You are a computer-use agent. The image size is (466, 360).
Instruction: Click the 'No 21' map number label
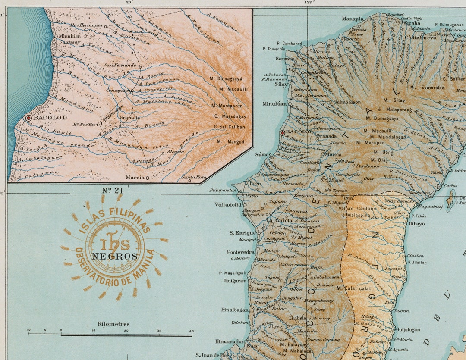click(x=113, y=190)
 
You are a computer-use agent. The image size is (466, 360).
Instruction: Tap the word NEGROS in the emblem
click(x=114, y=256)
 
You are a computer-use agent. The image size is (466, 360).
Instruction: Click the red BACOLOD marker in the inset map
click(x=29, y=118)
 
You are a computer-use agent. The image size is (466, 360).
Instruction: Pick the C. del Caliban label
click(x=229, y=127)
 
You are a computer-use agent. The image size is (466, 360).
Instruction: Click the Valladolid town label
click(x=228, y=205)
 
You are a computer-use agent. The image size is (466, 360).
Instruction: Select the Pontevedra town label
click(x=240, y=252)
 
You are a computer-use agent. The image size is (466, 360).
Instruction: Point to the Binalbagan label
click(x=235, y=310)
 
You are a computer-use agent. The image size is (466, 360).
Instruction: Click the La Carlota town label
click(x=277, y=220)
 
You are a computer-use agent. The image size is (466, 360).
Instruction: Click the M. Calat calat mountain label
click(x=354, y=288)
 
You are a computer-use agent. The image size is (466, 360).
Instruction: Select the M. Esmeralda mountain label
click(x=427, y=87)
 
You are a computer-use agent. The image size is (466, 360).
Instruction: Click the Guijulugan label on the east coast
click(x=408, y=330)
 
